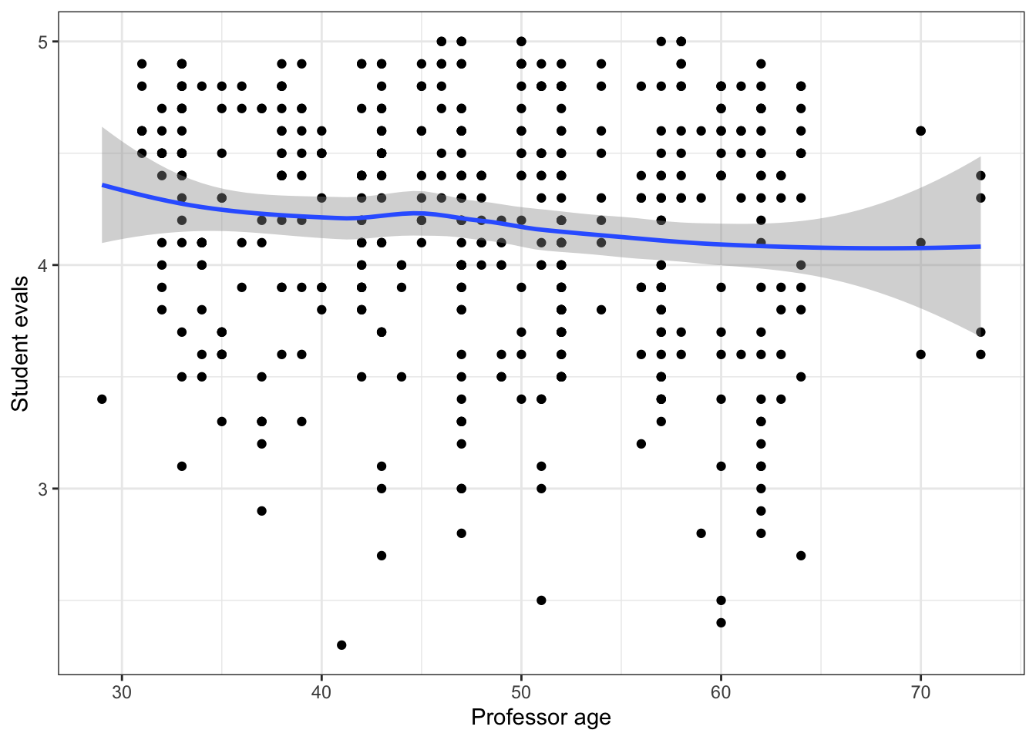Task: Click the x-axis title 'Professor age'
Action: click(x=540, y=718)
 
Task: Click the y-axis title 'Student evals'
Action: click(x=20, y=344)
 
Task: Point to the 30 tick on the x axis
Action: click(x=122, y=692)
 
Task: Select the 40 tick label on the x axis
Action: click(x=321, y=692)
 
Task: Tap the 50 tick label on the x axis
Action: click(x=521, y=692)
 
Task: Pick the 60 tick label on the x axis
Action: click(x=721, y=692)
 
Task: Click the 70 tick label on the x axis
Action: click(x=920, y=692)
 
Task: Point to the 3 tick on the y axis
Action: click(x=43, y=489)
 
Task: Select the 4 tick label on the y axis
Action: click(x=43, y=265)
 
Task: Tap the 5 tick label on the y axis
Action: click(x=43, y=42)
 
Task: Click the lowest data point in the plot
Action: click(x=341, y=644)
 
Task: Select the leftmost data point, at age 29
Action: click(x=102, y=399)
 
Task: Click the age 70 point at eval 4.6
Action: click(x=920, y=131)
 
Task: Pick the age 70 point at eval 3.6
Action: click(x=920, y=355)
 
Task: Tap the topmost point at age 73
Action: click(x=980, y=176)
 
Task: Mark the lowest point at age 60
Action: click(x=721, y=622)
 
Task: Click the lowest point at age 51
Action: click(x=541, y=600)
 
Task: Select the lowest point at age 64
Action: click(x=801, y=555)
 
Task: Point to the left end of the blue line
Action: click(x=103, y=185)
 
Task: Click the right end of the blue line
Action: click(x=980, y=247)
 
